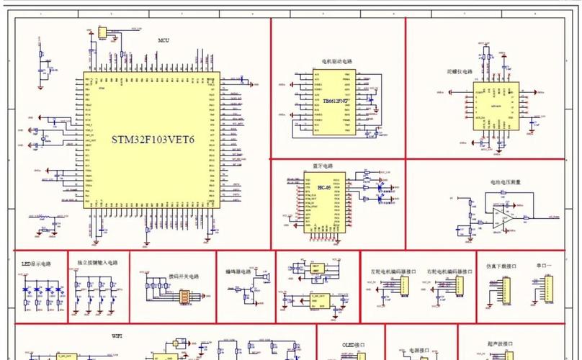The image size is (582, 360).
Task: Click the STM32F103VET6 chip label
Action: [x=153, y=139]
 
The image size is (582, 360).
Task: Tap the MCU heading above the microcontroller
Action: [x=164, y=40]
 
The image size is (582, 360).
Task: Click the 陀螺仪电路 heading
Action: [x=460, y=72]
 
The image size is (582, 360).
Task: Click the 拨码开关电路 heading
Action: [x=183, y=276]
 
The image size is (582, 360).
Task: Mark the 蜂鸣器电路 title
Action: [x=246, y=272]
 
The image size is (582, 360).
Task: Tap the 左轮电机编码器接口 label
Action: [x=389, y=271]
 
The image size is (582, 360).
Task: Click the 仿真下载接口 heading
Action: [x=502, y=266]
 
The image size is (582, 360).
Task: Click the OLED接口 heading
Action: [x=350, y=343]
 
